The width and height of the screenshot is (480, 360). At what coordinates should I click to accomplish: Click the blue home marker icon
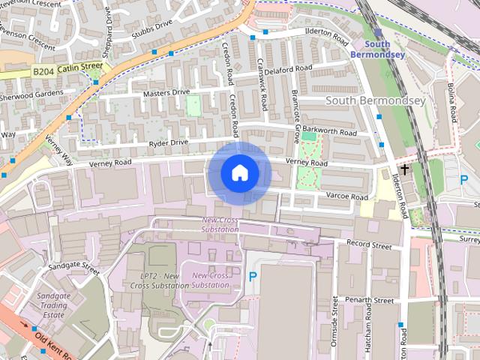[239, 173]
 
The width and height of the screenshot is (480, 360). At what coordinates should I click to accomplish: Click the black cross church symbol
[404, 169]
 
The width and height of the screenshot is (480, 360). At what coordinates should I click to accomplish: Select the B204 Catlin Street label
[67, 69]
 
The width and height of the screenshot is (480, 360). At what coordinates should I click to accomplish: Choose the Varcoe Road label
[346, 196]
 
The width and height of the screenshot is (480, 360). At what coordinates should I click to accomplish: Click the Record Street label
[369, 245]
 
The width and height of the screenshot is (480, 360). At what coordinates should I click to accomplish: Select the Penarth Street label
[370, 300]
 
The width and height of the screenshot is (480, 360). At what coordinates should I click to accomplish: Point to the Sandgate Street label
[73, 267]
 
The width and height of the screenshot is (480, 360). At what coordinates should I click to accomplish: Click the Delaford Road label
[288, 69]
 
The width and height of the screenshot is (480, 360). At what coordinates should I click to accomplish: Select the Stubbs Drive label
[151, 28]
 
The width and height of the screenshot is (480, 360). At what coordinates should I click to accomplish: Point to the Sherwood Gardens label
[31, 94]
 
